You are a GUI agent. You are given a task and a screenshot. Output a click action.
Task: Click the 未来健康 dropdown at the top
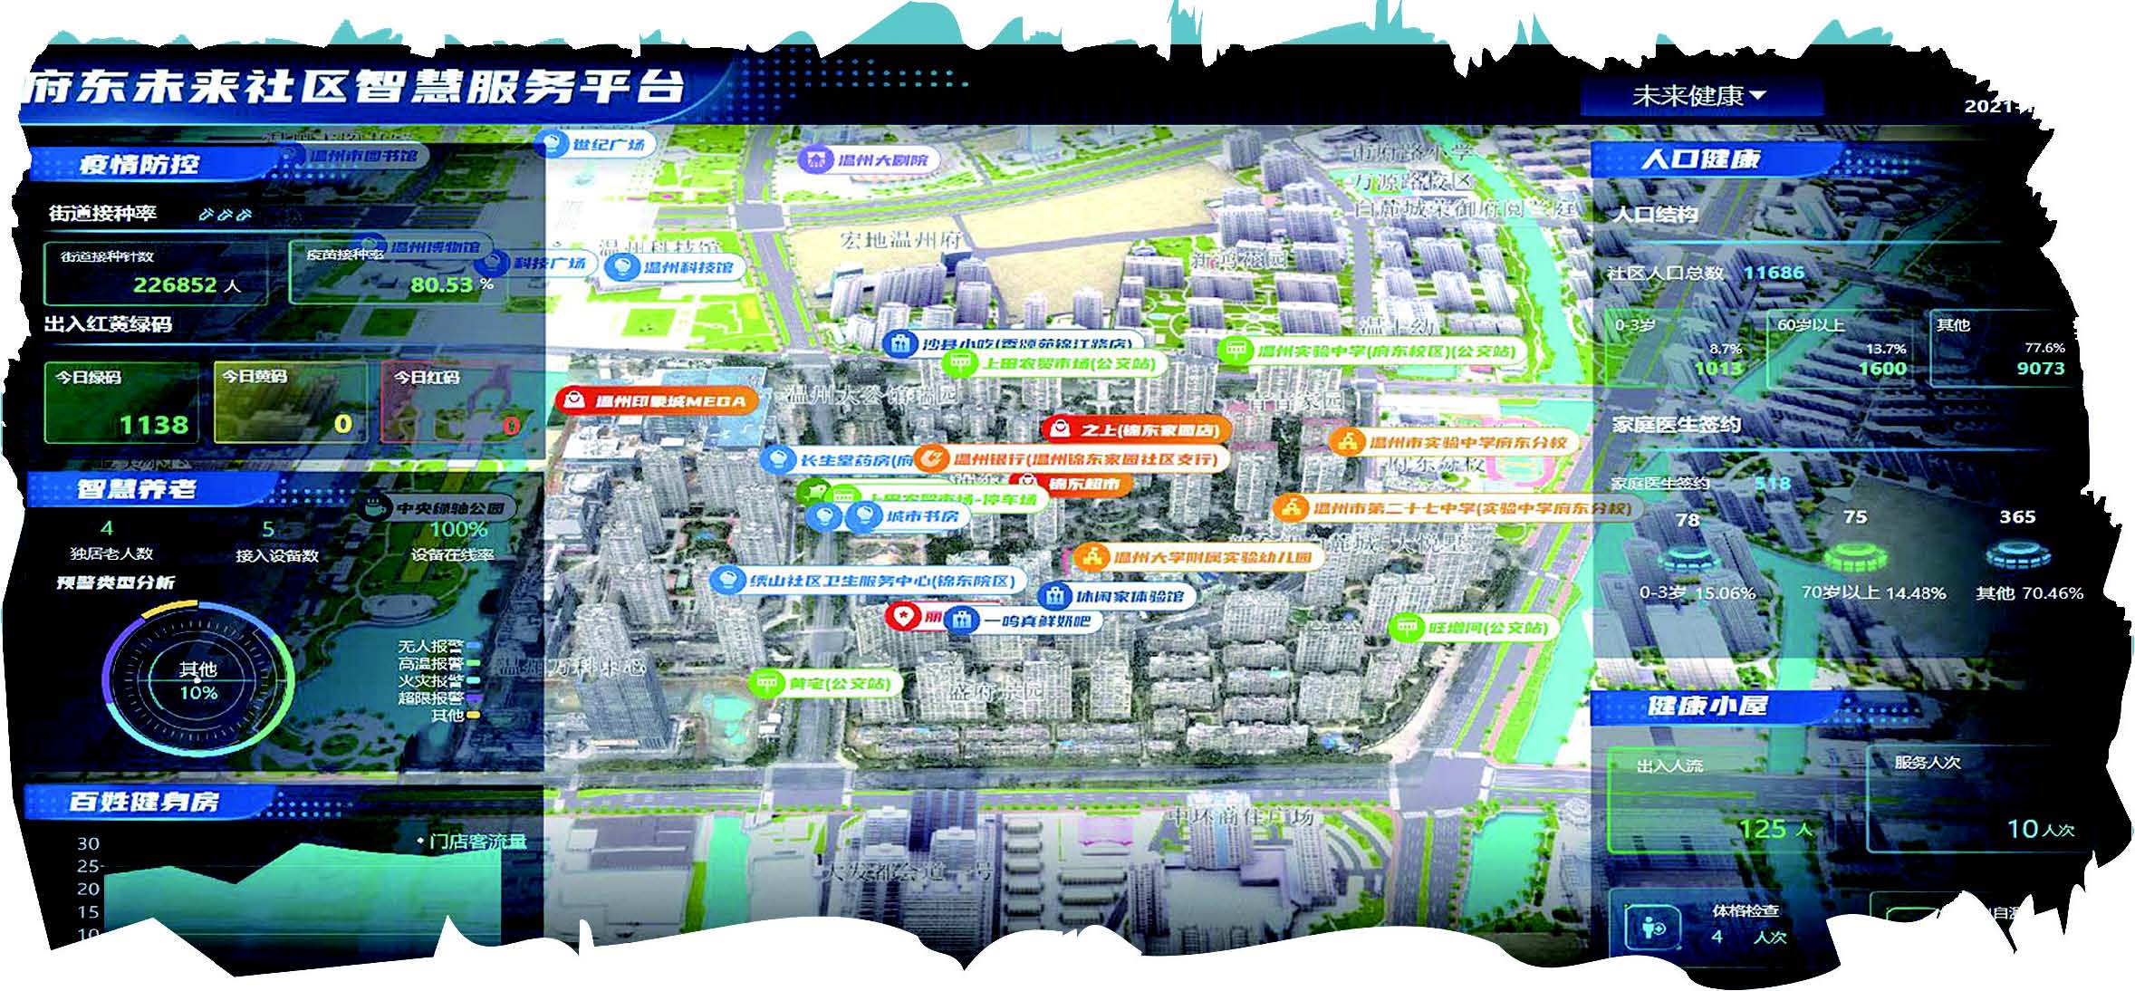1698,96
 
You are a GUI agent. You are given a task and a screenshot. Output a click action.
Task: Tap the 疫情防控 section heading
139,164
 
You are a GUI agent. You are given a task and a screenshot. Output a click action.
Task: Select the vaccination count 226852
175,284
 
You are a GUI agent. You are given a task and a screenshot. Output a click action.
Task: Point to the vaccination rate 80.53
442,284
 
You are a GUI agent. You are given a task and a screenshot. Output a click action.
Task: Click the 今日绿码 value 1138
154,424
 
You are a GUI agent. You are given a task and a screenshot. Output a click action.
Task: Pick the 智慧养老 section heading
136,489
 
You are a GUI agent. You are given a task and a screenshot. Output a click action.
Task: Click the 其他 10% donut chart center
197,681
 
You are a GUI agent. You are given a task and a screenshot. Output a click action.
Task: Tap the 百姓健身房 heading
143,802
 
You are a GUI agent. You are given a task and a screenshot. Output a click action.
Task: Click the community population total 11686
1774,273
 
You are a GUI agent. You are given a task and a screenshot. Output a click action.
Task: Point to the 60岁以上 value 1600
1882,368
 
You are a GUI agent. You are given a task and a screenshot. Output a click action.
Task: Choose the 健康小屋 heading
1707,706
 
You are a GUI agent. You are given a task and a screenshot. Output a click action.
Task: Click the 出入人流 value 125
1763,828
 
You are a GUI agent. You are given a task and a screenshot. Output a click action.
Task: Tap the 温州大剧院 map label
870,160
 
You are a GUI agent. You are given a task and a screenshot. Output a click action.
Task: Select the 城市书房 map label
920,516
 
